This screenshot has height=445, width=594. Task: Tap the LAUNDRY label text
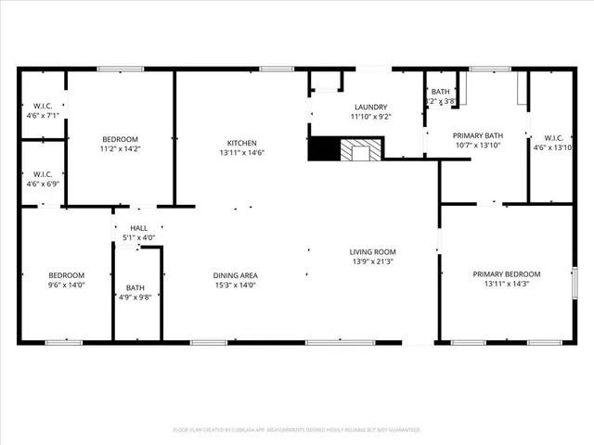[x=368, y=107]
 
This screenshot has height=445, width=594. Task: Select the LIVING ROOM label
[x=372, y=252]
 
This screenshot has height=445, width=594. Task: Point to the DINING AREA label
[x=235, y=275]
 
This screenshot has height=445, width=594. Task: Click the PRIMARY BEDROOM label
[x=507, y=273]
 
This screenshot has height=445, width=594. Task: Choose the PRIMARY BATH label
[x=477, y=135]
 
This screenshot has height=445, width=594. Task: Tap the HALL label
[x=138, y=228]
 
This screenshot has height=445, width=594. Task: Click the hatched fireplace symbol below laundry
[x=359, y=149]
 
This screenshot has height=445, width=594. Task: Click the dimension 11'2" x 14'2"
[x=120, y=148]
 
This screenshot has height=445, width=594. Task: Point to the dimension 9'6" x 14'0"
[x=67, y=286]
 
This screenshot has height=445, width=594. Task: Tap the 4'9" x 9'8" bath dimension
[x=136, y=298]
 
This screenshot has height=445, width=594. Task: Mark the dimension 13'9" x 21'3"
[x=372, y=261]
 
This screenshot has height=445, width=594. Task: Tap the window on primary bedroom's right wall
[x=575, y=283]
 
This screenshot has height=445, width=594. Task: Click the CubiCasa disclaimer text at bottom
[x=297, y=430]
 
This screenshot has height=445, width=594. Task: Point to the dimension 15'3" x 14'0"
[x=235, y=286]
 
